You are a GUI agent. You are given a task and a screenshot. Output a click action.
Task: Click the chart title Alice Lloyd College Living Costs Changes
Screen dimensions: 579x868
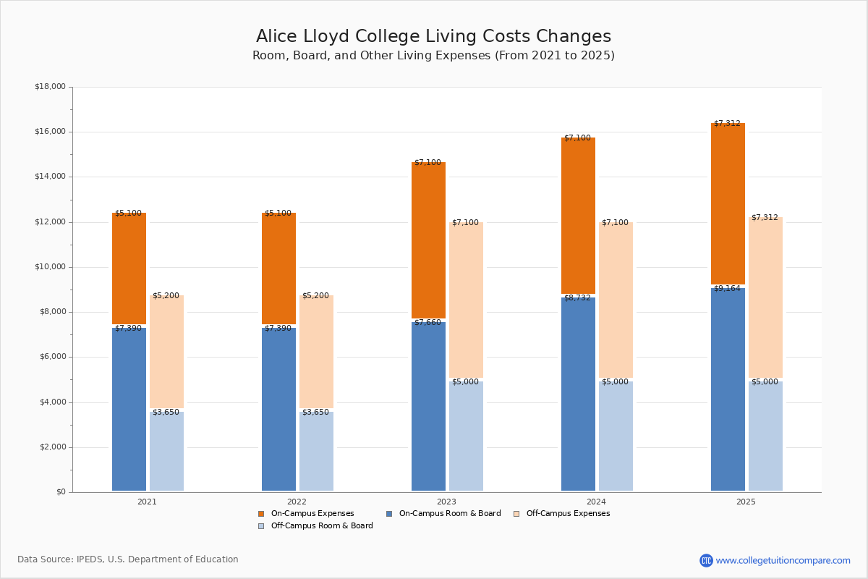pyautogui.click(x=433, y=37)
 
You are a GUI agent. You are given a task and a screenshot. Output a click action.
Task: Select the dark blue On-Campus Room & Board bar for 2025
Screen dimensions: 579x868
pyautogui.click(x=728, y=391)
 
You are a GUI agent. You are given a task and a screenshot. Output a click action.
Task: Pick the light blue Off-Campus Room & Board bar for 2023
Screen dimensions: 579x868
pyautogui.click(x=466, y=437)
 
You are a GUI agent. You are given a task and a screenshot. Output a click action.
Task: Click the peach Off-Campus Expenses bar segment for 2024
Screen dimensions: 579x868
pyautogui.click(x=616, y=300)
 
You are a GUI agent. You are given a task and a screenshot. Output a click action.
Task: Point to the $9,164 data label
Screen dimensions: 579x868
pyautogui.click(x=727, y=289)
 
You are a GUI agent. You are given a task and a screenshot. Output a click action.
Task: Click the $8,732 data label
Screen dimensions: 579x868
pyautogui.click(x=577, y=298)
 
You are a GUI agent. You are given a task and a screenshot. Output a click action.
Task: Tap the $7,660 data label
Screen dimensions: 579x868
pyautogui.click(x=427, y=323)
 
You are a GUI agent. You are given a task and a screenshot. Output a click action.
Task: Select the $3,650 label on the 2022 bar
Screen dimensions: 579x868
pyautogui.click(x=315, y=413)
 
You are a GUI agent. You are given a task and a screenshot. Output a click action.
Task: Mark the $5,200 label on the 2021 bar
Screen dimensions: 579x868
pyautogui.click(x=166, y=296)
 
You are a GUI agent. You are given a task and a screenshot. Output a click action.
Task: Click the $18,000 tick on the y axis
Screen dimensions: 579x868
pyautogui.click(x=50, y=87)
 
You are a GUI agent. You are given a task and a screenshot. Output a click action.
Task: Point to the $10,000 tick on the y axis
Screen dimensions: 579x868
pyautogui.click(x=50, y=267)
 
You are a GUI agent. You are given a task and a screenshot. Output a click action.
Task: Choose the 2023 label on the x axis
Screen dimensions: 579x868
pyautogui.click(x=446, y=502)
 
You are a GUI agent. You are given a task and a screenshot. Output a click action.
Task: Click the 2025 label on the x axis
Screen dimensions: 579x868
pyautogui.click(x=746, y=502)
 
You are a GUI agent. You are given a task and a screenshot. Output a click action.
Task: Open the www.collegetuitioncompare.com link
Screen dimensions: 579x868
pyautogui.click(x=783, y=560)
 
